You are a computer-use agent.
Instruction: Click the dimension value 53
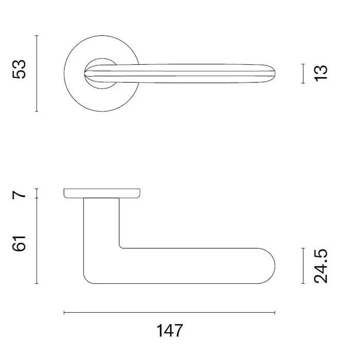click(x=19, y=69)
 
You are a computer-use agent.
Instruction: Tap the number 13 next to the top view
click(x=320, y=73)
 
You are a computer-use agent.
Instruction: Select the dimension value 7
click(x=19, y=194)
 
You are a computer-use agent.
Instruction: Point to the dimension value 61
click(x=19, y=240)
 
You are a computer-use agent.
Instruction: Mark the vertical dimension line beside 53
click(x=37, y=73)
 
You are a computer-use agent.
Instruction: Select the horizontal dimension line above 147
click(x=169, y=312)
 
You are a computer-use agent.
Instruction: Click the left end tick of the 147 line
click(x=64, y=312)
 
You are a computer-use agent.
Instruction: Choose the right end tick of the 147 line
click(x=275, y=312)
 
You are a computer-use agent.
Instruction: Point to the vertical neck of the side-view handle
click(x=101, y=226)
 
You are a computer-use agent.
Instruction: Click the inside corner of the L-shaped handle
click(x=121, y=246)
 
